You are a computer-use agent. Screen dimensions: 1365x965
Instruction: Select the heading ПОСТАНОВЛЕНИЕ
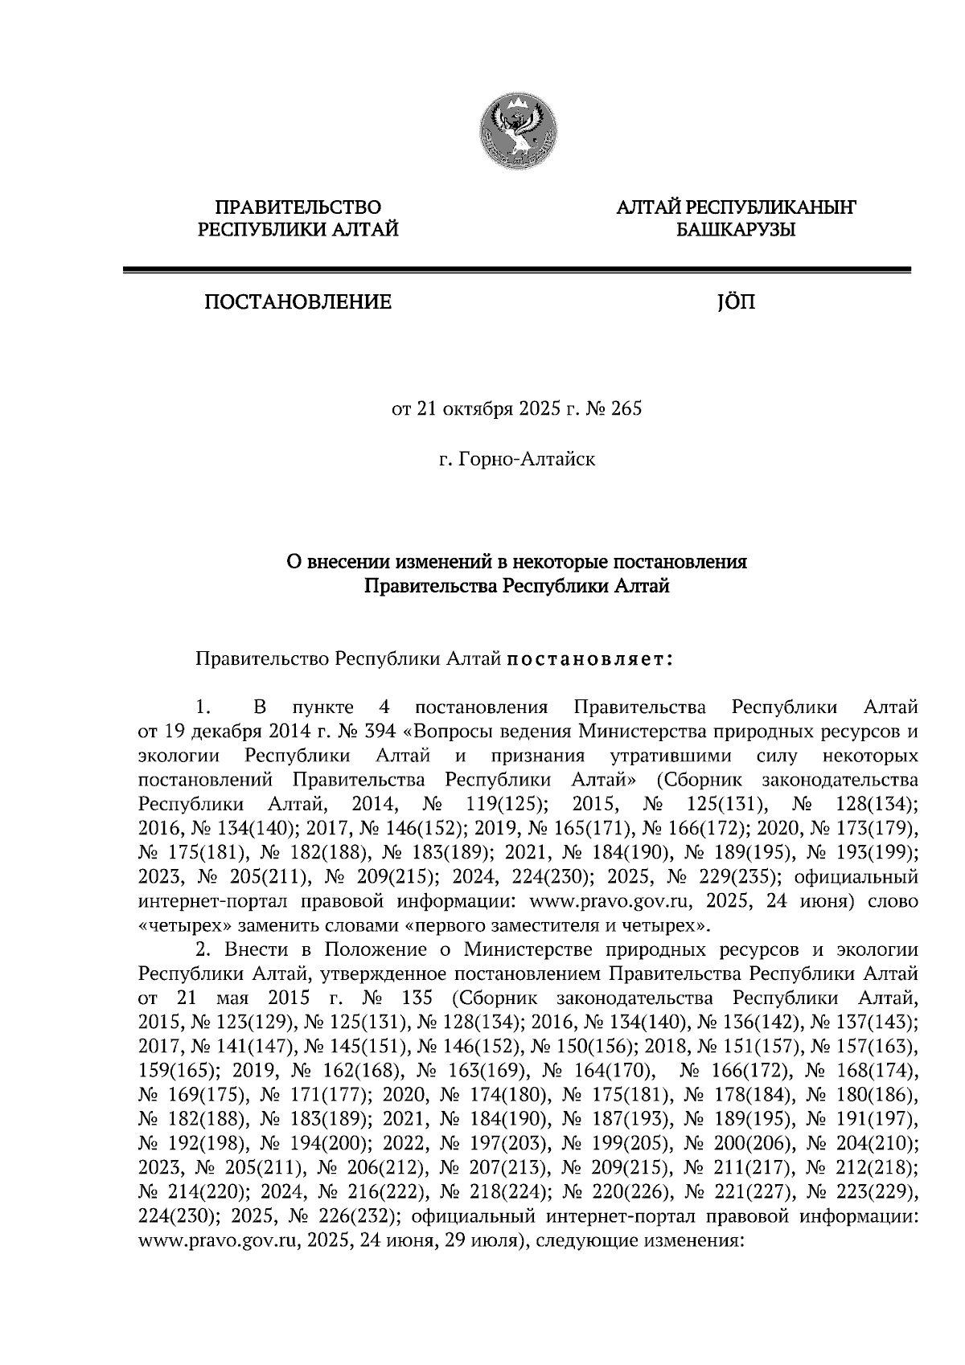298,303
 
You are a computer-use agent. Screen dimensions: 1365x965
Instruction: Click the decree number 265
627,410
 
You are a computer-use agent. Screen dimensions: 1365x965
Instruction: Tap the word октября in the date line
477,410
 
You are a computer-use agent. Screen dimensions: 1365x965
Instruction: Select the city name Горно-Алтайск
527,461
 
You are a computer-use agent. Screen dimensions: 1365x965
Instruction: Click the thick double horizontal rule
516,272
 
